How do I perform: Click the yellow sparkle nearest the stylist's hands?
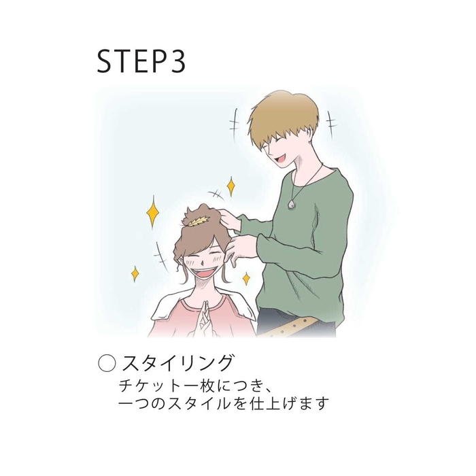231,186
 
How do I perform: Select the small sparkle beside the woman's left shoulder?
135,273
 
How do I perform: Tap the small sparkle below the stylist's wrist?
246,278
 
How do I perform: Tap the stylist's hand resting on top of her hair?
228,219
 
